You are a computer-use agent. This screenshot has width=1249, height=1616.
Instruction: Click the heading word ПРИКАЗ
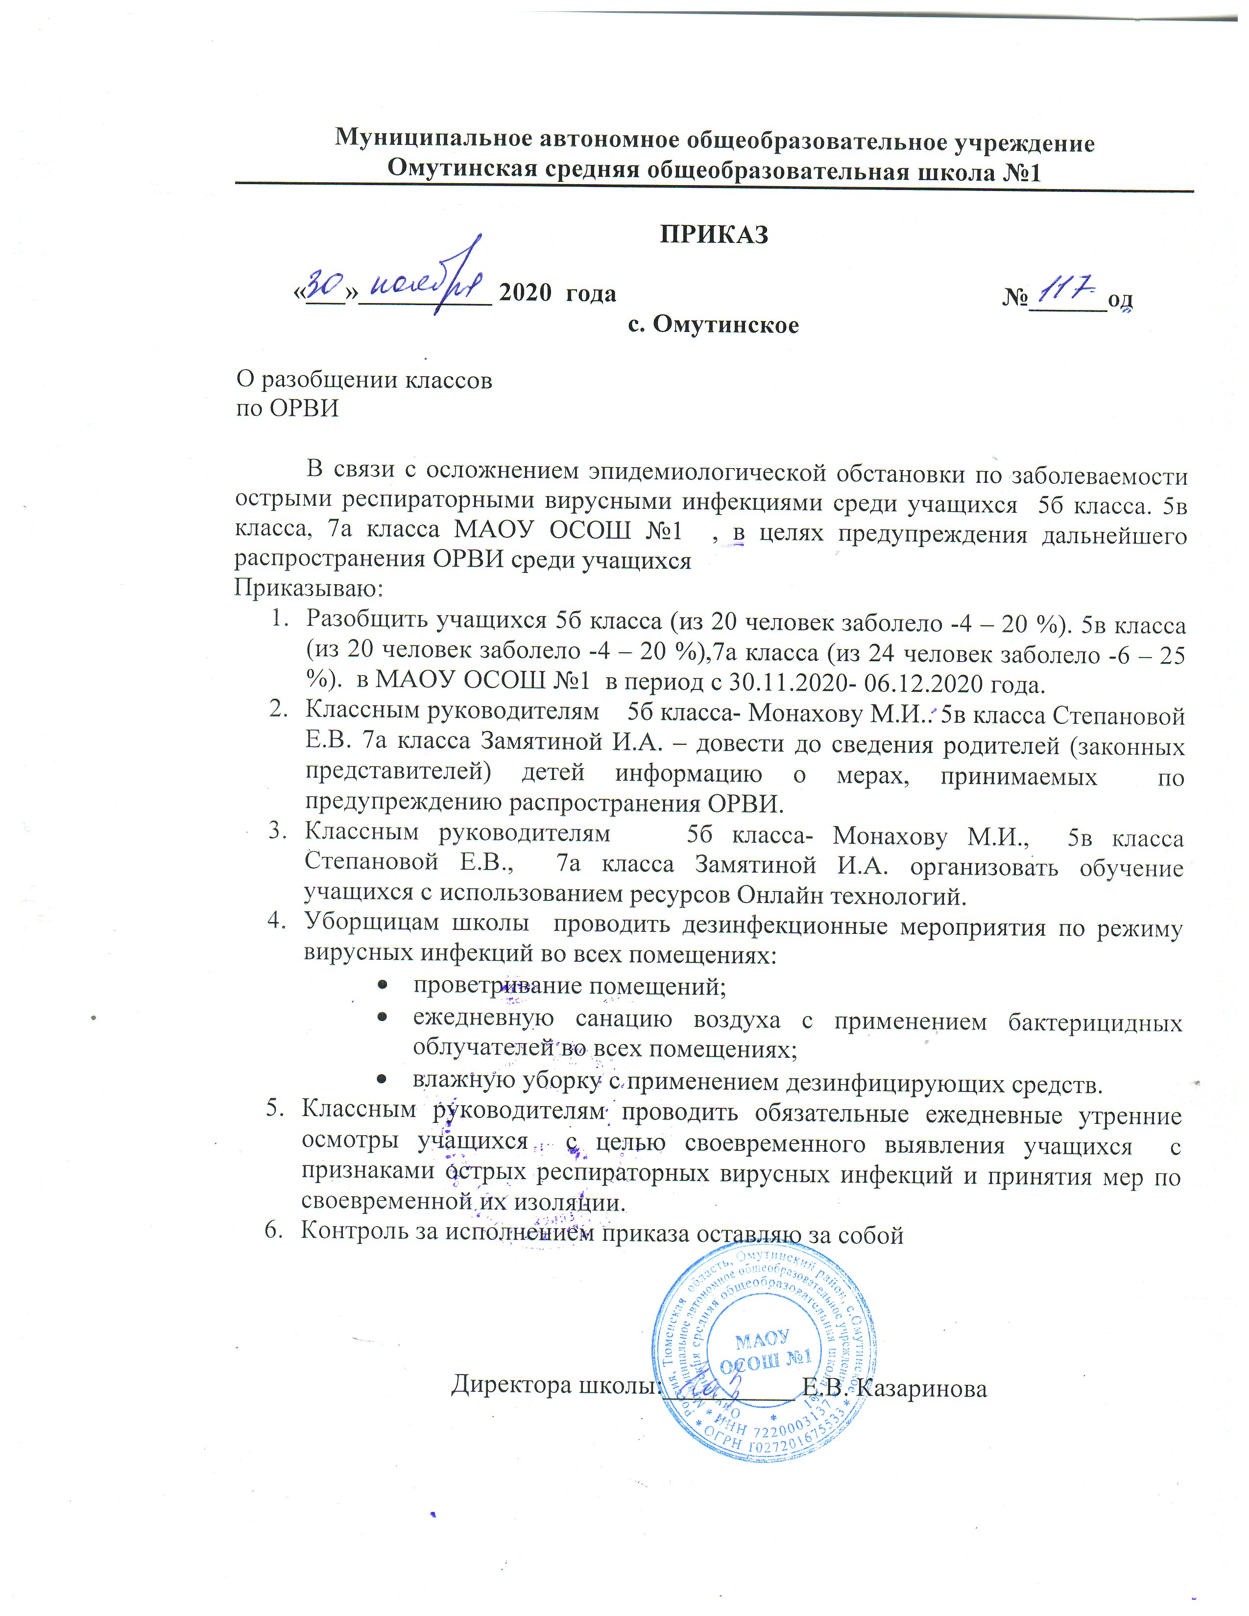(x=714, y=235)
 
